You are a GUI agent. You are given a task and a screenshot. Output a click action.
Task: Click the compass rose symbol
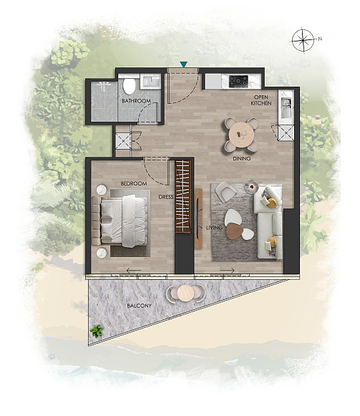303,40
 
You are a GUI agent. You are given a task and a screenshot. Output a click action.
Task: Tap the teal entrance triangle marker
183,64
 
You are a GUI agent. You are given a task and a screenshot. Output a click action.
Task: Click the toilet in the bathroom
129,86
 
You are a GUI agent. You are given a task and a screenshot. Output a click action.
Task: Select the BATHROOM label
136,101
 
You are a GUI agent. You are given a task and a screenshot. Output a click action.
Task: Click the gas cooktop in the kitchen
239,81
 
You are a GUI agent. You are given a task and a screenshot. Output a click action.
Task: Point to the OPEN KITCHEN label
261,100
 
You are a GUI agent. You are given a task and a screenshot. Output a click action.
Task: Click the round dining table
241,135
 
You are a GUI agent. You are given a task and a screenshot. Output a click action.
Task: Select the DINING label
241,159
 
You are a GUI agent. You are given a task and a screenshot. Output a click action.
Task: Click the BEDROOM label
133,183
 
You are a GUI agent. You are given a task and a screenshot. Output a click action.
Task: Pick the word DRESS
166,197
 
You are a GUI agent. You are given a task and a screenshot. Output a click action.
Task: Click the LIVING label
214,228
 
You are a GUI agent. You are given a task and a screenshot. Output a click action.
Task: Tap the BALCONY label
139,306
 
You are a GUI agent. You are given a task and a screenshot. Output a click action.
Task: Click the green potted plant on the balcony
97,331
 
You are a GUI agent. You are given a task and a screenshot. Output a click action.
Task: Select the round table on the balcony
185,293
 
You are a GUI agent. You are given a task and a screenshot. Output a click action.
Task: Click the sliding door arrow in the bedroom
133,271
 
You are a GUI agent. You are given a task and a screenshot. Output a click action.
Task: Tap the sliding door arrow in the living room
228,271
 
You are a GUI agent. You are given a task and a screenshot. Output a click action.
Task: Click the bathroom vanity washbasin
150,81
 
